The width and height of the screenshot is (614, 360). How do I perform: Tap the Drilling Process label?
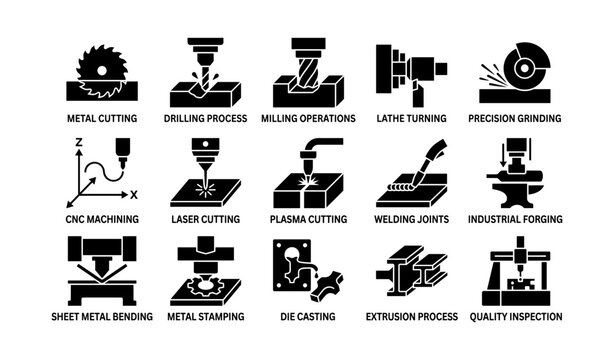tap(204, 118)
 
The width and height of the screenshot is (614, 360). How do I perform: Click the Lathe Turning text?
tap(410, 118)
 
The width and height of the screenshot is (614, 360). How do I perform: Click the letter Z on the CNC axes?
tap(78, 144)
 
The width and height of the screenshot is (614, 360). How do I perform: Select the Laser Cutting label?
tap(204, 218)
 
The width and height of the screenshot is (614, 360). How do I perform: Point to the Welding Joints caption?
tap(410, 218)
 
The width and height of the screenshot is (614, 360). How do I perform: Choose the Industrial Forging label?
tap(515, 218)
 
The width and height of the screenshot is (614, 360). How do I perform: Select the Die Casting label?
tap(307, 317)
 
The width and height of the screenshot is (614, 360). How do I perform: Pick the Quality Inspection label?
tap(516, 317)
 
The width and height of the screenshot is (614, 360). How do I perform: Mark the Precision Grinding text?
tap(515, 118)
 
